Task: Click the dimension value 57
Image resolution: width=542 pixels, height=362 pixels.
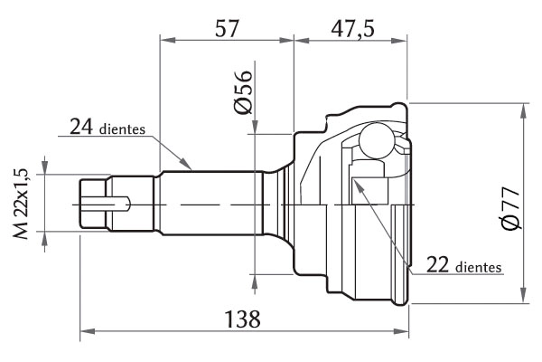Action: [227, 28]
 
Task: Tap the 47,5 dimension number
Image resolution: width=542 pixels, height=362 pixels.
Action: [352, 28]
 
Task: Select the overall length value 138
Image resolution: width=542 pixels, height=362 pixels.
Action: [243, 319]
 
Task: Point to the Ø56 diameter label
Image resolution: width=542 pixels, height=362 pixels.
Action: [243, 92]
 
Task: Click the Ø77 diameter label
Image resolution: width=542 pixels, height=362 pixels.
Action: [511, 208]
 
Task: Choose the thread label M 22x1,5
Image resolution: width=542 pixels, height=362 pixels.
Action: [21, 204]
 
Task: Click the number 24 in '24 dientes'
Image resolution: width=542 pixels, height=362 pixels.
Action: [81, 127]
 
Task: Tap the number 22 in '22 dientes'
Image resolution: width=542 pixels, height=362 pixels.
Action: [437, 264]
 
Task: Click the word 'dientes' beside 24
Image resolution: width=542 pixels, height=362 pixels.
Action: [122, 129]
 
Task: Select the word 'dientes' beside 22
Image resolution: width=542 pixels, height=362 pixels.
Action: [479, 267]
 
